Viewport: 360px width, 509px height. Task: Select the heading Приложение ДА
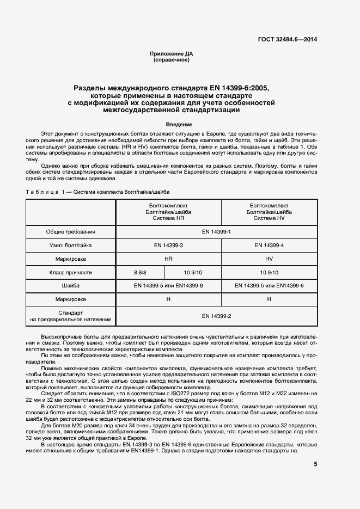[172, 54]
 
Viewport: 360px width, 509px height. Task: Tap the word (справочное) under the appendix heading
[172, 60]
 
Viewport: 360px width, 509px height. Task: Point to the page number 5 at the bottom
[315, 464]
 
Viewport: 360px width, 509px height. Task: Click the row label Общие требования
[71, 232]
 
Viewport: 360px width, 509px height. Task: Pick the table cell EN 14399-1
[217, 232]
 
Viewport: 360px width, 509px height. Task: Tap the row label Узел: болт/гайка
[71, 246]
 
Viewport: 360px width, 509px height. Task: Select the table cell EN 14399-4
[269, 246]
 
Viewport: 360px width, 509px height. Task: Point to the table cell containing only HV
[269, 259]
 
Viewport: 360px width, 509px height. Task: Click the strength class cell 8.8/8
[141, 273]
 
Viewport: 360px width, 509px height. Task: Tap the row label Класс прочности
[71, 273]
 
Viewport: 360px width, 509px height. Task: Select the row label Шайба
[71, 286]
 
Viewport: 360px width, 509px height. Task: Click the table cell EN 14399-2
[217, 316]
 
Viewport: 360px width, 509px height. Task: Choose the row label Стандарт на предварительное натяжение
[71, 316]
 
